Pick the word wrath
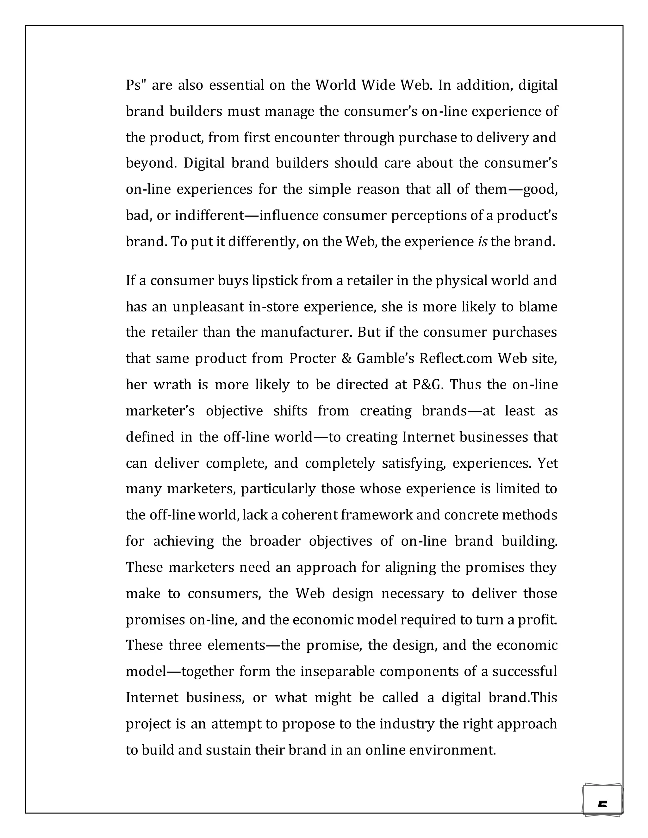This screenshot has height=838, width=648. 172,385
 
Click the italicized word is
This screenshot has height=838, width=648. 483,242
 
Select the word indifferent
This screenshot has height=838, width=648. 209,216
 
